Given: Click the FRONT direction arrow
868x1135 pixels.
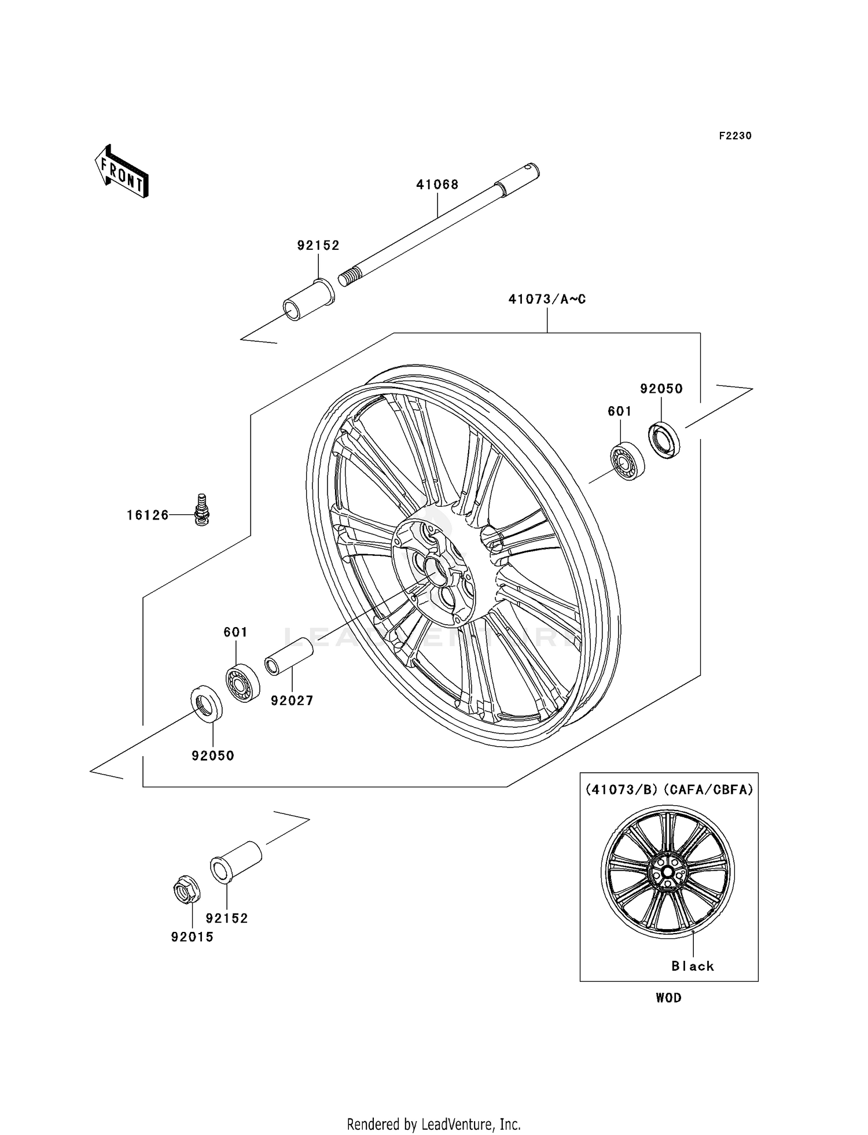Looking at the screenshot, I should click(122, 172).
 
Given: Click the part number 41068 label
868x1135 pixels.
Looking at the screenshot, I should click(437, 185).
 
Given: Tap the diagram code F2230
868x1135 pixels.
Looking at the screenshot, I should click(735, 136).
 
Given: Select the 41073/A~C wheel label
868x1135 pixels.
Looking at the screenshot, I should click(547, 299).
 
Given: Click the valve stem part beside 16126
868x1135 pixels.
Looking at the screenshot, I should click(201, 509).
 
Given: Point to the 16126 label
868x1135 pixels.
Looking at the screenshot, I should click(148, 515).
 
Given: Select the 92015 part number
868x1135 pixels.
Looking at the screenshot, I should click(192, 937).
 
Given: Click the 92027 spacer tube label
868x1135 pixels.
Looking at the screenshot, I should click(292, 701).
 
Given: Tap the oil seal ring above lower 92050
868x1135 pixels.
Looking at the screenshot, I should click(207, 702).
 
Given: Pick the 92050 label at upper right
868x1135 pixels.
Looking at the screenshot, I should click(661, 389).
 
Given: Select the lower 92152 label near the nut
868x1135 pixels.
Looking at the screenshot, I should click(227, 918).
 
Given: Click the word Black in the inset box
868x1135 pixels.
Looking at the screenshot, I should click(693, 966).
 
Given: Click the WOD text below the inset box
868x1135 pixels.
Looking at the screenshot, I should click(668, 998).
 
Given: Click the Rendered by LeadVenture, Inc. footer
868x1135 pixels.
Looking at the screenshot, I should click(433, 1124).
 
